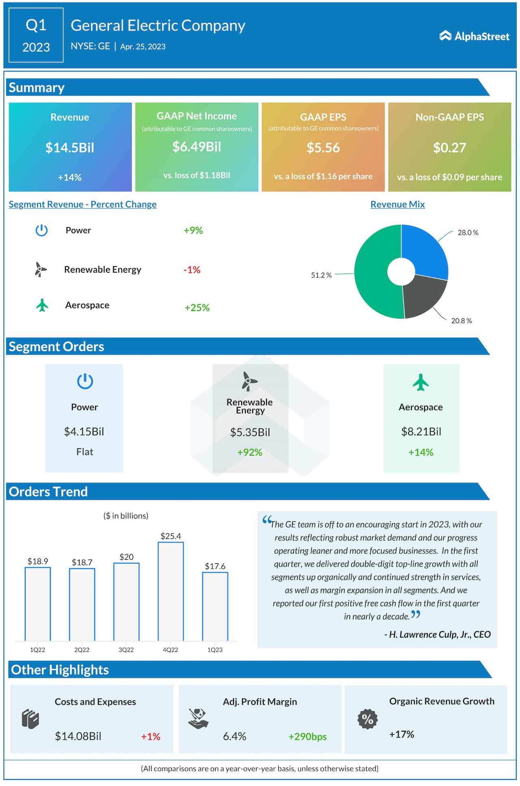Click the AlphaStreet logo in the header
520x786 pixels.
[474, 36]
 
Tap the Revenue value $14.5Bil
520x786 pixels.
[69, 148]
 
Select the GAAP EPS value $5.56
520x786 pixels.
[323, 148]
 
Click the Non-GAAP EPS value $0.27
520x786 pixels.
[449, 148]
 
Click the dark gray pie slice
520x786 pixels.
[422, 297]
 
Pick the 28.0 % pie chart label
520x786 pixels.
[468, 232]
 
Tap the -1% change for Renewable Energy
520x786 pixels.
[192, 270]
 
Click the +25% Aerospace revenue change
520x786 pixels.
[197, 308]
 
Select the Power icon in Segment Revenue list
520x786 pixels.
[41, 230]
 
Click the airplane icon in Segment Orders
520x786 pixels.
[420, 382]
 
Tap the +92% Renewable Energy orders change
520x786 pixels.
[249, 452]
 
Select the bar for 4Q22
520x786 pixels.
[171, 591]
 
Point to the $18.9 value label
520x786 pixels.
[38, 561]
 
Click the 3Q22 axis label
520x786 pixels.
[126, 650]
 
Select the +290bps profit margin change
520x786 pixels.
[307, 736]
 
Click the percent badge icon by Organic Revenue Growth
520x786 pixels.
[367, 719]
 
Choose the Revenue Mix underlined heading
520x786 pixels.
[397, 204]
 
